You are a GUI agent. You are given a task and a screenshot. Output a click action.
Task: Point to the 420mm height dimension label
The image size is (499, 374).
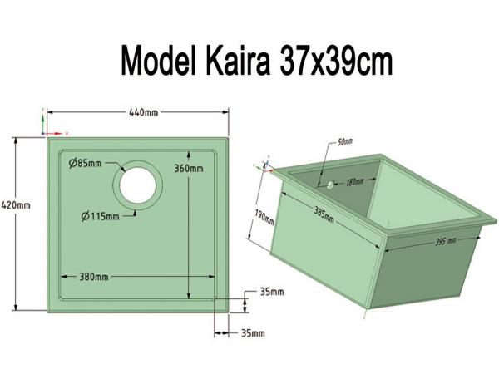[17, 204]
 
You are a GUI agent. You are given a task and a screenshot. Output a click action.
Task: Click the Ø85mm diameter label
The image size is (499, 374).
[86, 163]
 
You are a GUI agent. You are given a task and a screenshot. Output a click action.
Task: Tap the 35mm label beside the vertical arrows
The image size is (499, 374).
[272, 292]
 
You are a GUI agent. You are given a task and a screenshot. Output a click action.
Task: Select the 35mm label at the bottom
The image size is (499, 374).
[252, 333]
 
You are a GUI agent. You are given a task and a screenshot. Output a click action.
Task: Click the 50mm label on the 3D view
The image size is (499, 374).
[345, 142]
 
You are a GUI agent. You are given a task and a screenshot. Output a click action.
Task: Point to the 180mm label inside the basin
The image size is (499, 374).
[355, 181]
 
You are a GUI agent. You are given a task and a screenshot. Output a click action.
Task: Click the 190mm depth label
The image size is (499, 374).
[264, 221]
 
